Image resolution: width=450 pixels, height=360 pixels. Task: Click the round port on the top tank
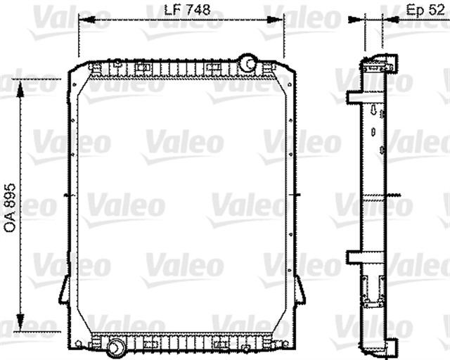247,63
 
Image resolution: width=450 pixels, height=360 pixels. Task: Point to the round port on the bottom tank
115,345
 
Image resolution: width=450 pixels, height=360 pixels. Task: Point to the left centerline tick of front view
65,195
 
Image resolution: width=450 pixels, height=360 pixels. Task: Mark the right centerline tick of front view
299,195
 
